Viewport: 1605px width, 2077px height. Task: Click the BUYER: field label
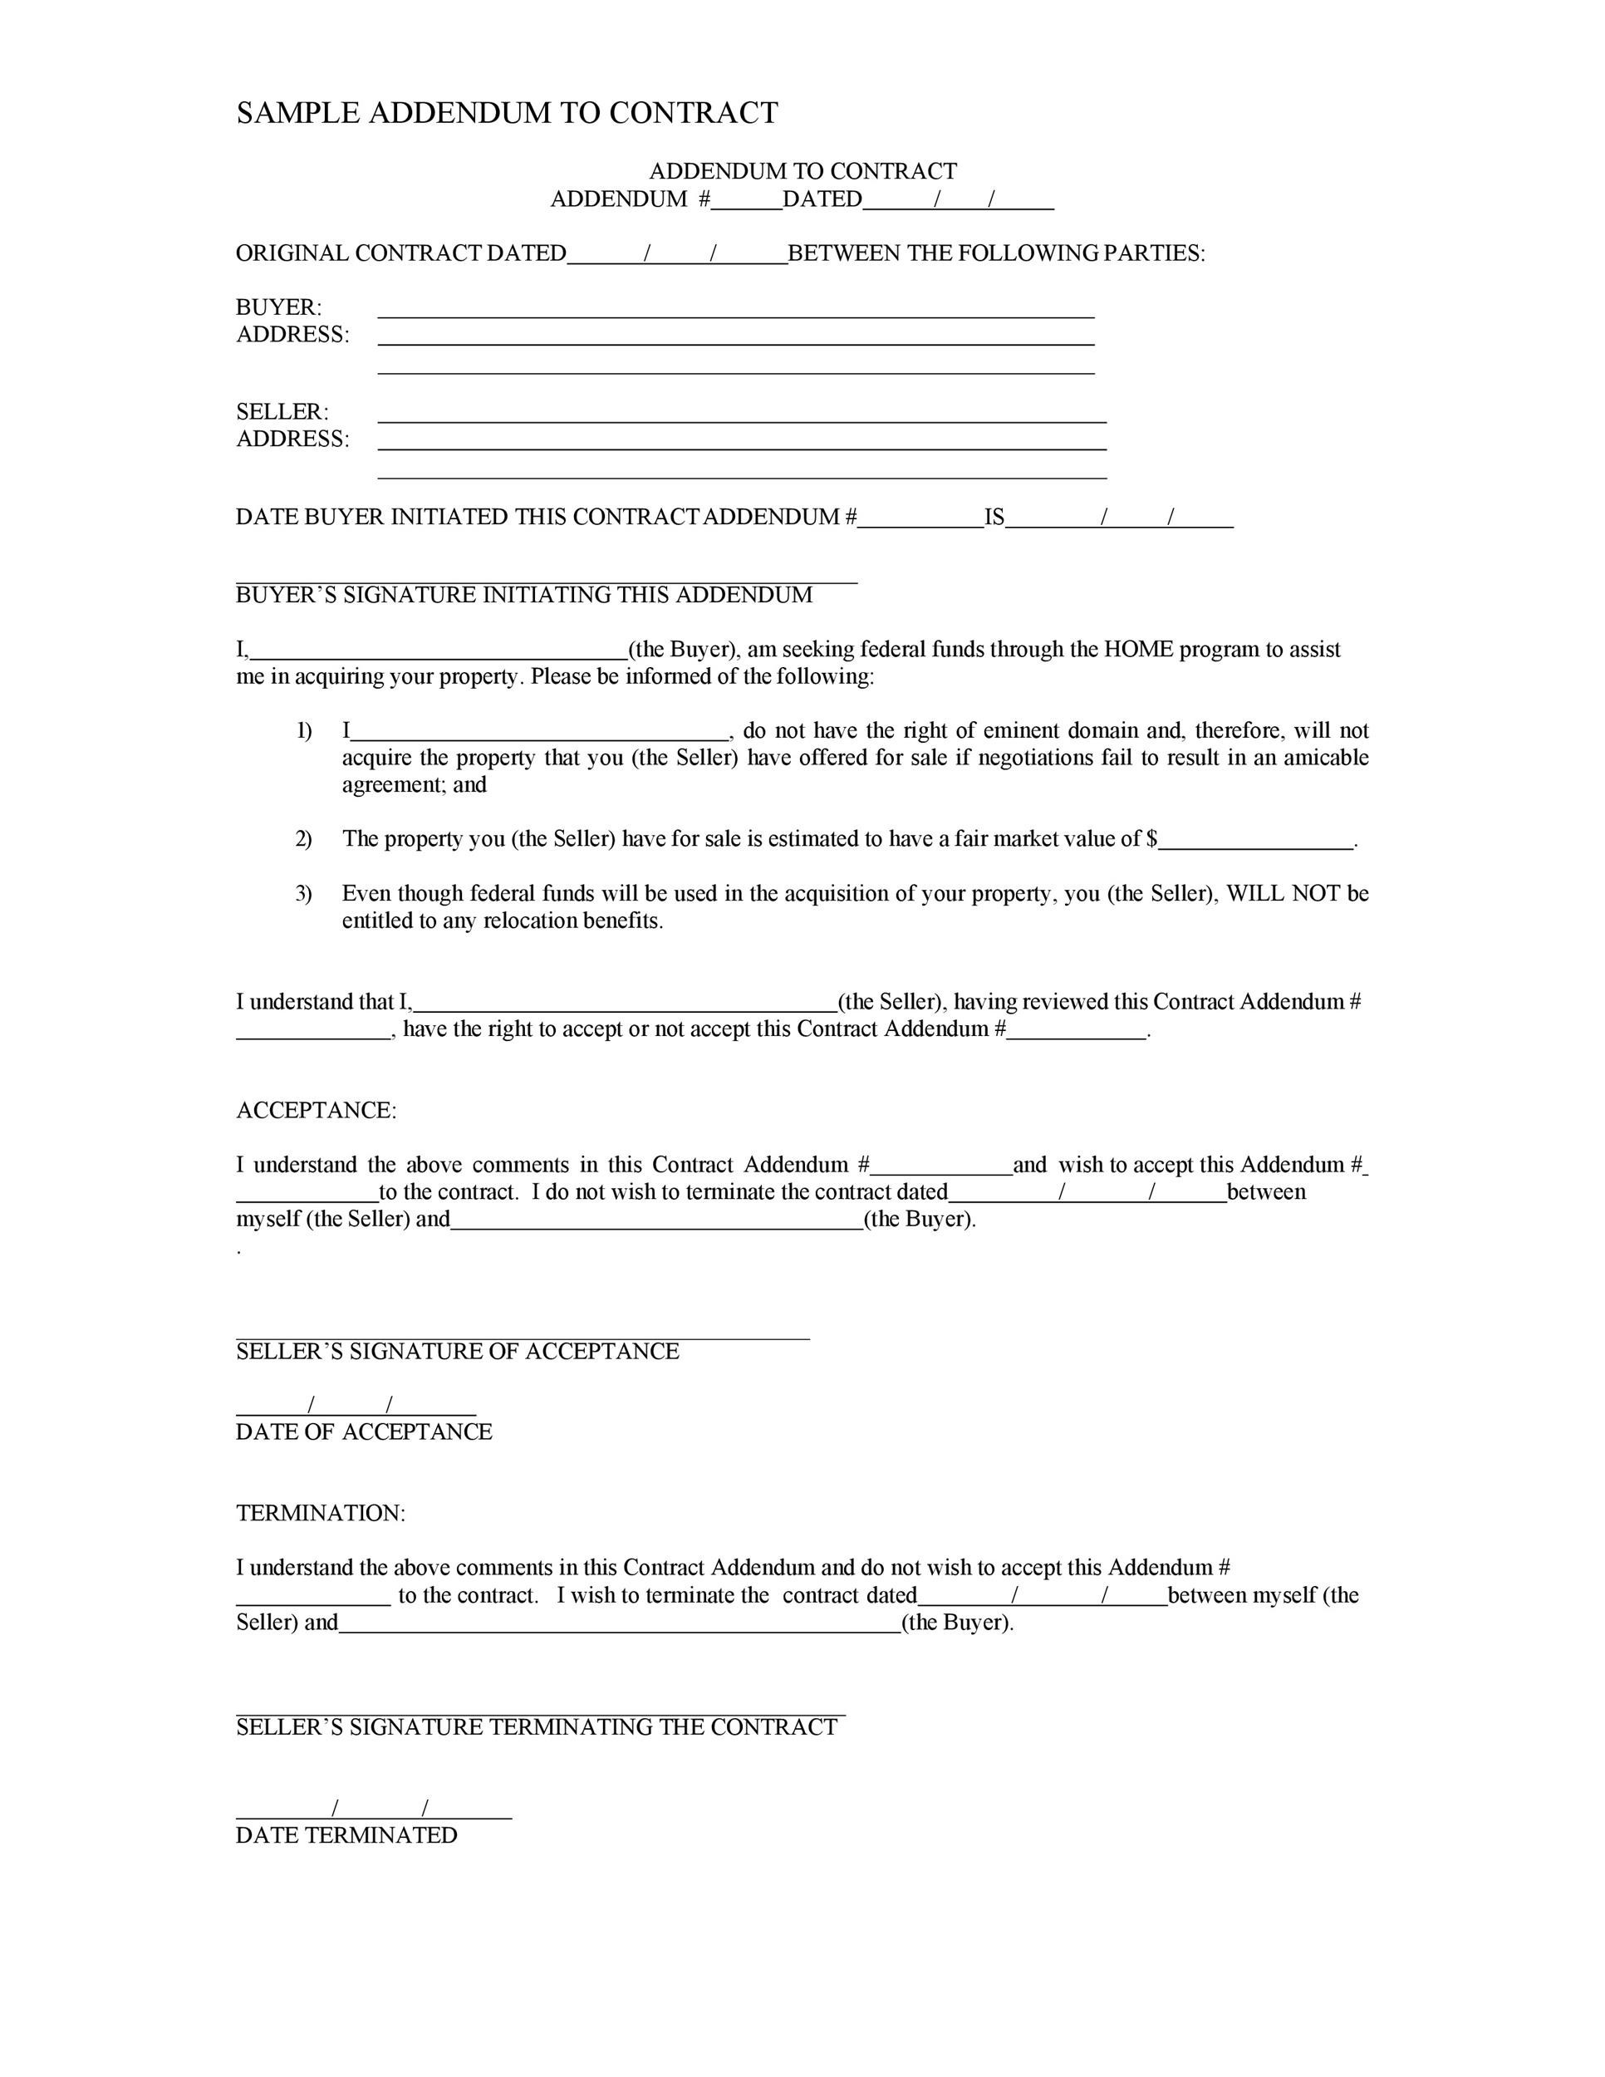point(278,307)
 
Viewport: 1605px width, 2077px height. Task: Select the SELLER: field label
point(282,412)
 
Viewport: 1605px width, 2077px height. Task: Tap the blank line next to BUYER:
point(736,315)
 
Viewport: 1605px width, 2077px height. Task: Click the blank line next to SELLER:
point(742,420)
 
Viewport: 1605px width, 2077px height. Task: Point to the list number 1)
point(303,730)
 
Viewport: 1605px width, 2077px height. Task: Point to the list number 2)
point(303,839)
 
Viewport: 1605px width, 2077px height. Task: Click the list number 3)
point(303,893)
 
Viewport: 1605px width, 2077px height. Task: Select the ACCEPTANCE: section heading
point(316,1111)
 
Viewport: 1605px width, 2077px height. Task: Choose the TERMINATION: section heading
point(321,1513)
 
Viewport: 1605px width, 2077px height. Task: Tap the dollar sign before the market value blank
point(1151,839)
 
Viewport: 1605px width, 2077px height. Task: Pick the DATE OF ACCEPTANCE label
point(364,1432)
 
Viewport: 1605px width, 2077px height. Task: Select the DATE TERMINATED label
point(346,1835)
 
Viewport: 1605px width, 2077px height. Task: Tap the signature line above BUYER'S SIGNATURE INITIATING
point(547,581)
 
